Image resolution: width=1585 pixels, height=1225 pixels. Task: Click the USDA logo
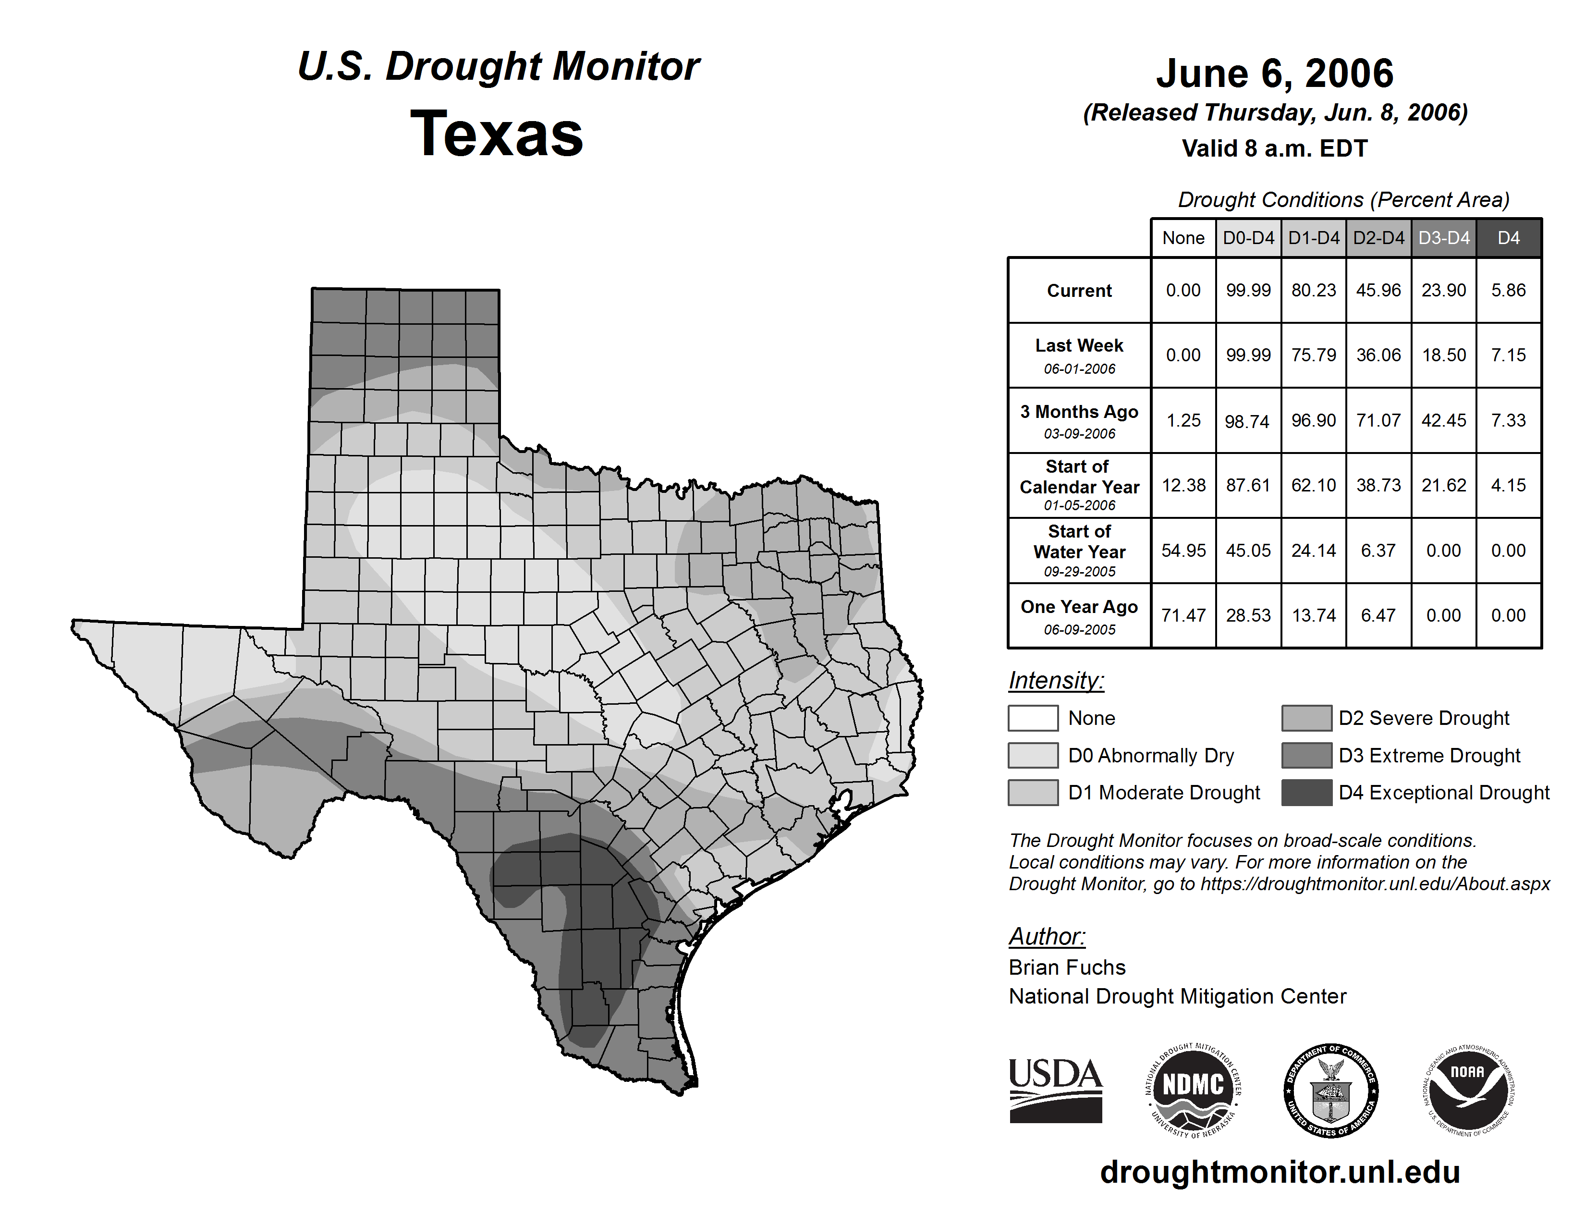coord(1055,1090)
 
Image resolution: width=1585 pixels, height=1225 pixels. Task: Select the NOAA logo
coord(1467,1090)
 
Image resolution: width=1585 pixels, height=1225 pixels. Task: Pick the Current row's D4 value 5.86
coord(1508,290)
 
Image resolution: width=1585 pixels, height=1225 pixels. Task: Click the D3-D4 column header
coord(1443,238)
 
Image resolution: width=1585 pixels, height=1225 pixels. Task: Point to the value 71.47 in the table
coord(1183,615)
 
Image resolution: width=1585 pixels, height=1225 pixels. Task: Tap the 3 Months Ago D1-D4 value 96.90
coord(1313,420)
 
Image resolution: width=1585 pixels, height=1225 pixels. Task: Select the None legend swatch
coord(1033,718)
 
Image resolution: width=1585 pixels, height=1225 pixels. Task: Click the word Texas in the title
coord(497,134)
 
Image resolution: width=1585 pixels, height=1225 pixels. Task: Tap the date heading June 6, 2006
coord(1274,73)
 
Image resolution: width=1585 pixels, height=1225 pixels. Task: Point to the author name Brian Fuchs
coord(1067,968)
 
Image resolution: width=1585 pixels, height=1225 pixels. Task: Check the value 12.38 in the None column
coord(1183,485)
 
